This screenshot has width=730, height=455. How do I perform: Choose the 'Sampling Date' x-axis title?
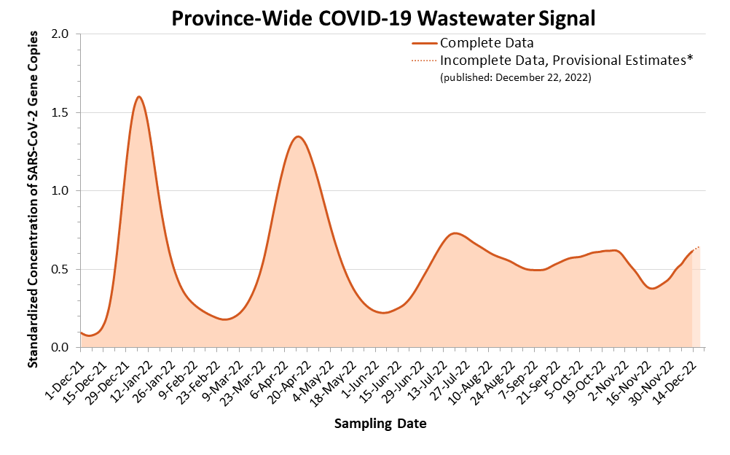380,424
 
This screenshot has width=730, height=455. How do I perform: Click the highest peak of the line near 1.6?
138,96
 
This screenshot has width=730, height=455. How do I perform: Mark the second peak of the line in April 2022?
298,136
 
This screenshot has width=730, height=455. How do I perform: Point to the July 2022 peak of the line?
455,233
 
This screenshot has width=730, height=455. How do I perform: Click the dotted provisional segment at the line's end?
696,248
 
